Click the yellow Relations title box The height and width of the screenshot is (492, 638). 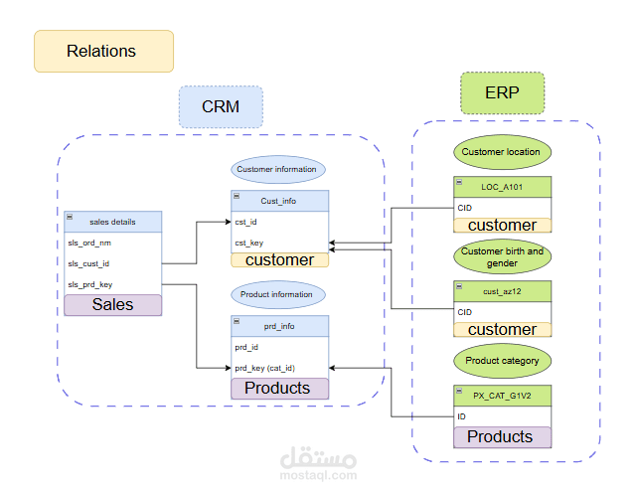[103, 51]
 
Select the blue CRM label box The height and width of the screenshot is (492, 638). [221, 106]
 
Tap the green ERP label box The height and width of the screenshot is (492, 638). [502, 92]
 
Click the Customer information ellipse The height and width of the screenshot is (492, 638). [276, 169]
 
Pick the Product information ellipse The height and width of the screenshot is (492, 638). [276, 294]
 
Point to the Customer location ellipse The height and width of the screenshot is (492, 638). [502, 152]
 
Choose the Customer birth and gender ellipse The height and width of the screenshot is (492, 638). [502, 257]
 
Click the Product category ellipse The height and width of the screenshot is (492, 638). [502, 360]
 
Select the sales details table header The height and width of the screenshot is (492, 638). [112, 222]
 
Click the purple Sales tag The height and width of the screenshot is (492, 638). [112, 304]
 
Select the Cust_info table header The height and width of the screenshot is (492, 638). [279, 201]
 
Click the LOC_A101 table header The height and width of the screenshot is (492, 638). [502, 186]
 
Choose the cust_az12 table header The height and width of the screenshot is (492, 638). [502, 290]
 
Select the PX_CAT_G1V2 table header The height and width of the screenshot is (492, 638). [502, 395]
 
